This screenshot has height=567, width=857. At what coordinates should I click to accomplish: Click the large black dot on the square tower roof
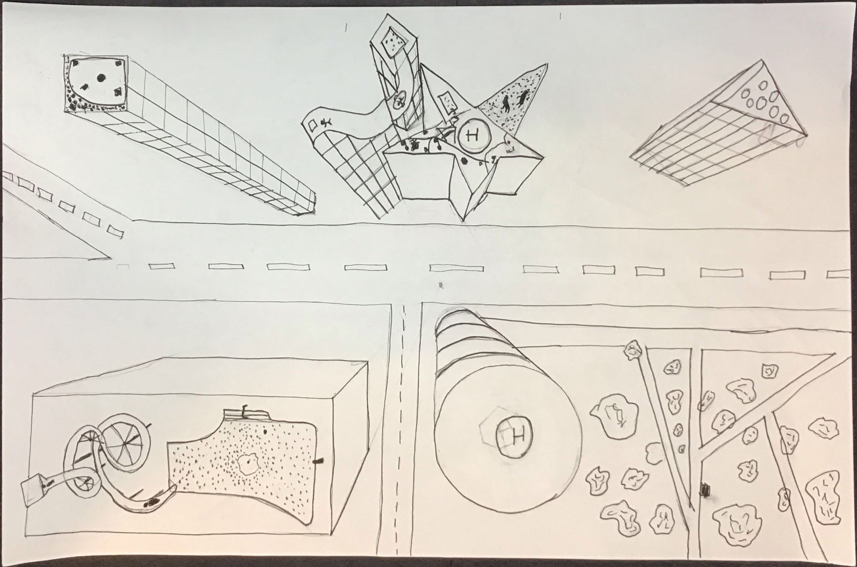(101, 77)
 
